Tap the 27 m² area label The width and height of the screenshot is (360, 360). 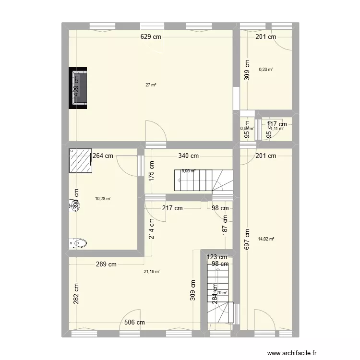click(x=151, y=85)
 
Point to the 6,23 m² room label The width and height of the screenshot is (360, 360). click(x=266, y=70)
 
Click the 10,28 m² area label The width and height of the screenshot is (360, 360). click(x=103, y=199)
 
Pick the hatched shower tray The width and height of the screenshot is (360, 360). click(x=81, y=160)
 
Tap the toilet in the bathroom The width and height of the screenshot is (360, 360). click(x=80, y=243)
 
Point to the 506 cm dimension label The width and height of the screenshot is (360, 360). click(x=134, y=323)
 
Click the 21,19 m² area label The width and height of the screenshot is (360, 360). click(x=152, y=272)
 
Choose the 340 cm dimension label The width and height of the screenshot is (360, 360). click(x=188, y=156)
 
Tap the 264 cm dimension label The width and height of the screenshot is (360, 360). click(x=103, y=156)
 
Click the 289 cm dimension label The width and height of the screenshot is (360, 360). click(x=106, y=264)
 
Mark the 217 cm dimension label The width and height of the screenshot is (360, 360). click(x=172, y=208)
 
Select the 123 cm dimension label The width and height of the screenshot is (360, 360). click(x=217, y=257)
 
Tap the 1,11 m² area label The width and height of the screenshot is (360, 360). click(x=277, y=129)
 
